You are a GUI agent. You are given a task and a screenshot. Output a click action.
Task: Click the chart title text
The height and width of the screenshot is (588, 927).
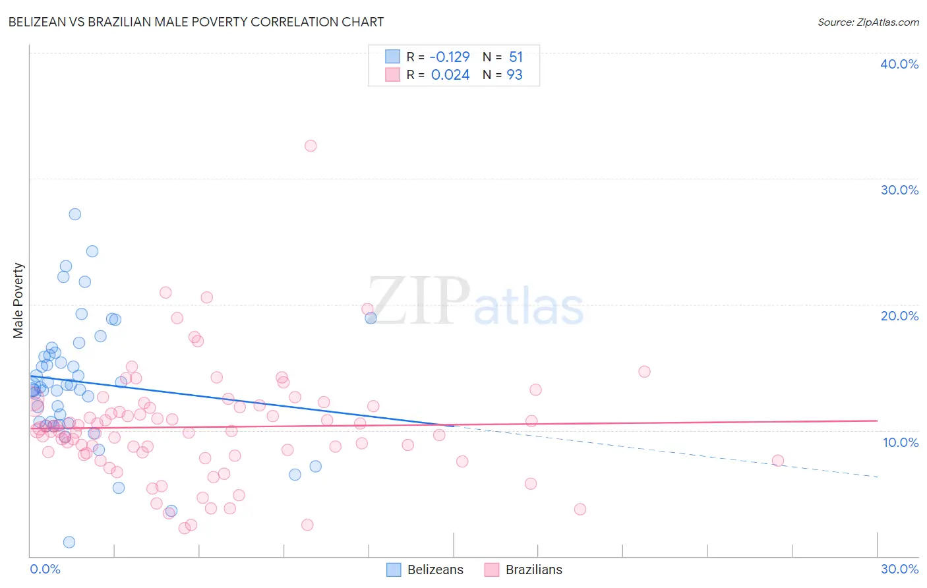196,22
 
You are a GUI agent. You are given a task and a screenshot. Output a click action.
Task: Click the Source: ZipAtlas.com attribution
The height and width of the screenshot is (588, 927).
868,22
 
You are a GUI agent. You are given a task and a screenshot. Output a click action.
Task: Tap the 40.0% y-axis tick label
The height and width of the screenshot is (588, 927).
899,64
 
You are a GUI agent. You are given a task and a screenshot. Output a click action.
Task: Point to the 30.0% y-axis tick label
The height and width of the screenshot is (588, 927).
899,190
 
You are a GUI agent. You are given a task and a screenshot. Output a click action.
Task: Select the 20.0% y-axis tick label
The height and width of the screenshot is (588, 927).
899,316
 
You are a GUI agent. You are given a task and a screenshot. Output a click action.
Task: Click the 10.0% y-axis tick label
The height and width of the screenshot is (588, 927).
901,442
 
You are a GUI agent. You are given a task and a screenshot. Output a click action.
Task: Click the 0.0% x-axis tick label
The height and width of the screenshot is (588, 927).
45,569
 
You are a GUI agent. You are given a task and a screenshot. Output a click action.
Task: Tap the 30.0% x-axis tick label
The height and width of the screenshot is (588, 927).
899,569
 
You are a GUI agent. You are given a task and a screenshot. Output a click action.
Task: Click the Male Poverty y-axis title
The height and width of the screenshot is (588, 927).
18,301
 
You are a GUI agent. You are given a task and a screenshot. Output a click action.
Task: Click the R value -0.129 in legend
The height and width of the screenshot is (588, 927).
450,57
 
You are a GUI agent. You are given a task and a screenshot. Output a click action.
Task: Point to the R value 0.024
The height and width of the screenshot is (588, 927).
450,75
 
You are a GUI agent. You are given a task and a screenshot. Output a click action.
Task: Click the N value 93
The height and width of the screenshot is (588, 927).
514,75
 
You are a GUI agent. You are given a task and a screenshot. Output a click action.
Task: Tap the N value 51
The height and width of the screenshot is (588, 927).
516,57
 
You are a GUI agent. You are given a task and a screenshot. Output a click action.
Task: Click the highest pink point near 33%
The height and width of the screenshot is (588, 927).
311,146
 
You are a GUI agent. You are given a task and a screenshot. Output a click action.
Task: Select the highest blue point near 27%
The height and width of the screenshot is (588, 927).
75,214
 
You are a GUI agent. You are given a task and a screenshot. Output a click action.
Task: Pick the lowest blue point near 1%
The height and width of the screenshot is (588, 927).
69,542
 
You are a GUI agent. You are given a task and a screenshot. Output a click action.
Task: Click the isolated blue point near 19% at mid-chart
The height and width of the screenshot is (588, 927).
371,318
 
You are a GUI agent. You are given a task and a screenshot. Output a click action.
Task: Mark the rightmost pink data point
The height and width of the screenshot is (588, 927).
778,460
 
